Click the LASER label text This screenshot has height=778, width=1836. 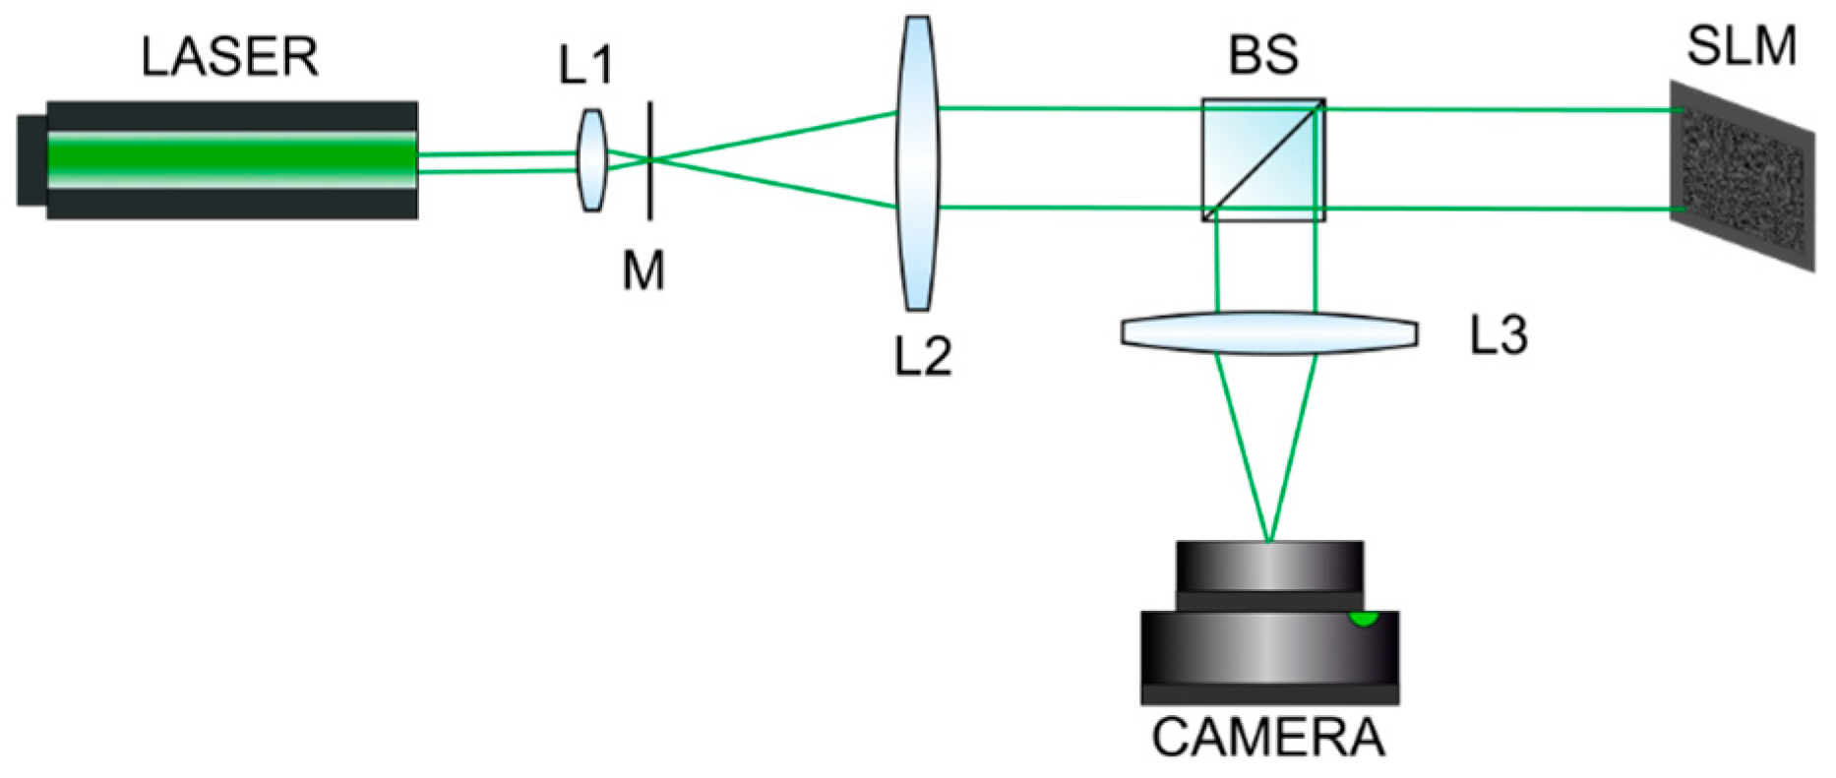coord(229,57)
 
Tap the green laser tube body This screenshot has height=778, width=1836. coord(232,159)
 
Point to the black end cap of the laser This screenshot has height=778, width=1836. coord(31,160)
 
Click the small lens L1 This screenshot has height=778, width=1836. coord(590,160)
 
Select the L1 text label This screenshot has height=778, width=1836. coord(585,66)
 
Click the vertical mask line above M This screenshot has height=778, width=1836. coord(649,128)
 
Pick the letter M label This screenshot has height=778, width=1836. coord(644,270)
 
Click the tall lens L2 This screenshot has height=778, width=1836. coord(917,162)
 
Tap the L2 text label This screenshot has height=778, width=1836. coord(923,356)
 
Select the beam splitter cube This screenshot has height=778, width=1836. coord(1263,159)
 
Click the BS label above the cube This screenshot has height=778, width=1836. coord(1262,55)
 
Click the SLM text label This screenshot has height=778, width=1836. coord(1742,46)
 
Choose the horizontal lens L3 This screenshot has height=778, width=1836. coord(1269,332)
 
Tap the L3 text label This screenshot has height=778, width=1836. coord(1499,336)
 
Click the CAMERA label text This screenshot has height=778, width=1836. coord(1268,737)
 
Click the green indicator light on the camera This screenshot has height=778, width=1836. coord(1363,619)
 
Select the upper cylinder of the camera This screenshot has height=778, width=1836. coord(1269,568)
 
